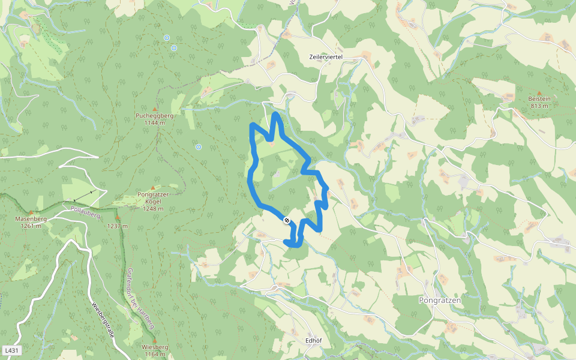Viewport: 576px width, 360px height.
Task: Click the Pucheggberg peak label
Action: click(154, 115)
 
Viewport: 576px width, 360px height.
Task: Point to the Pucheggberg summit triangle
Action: click(155, 107)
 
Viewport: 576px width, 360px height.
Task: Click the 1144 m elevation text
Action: click(154, 123)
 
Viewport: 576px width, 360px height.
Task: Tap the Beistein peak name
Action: click(539, 98)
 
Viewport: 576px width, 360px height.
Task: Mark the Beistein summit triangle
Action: click(539, 92)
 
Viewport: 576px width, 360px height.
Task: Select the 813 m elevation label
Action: click(539, 106)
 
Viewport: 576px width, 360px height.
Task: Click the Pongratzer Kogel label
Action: click(154, 199)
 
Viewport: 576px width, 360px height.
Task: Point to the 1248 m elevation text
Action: click(153, 209)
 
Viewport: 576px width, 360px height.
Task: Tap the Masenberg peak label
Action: click(31, 219)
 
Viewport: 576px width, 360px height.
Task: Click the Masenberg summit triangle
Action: click(31, 212)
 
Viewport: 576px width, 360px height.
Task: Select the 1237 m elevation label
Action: click(118, 226)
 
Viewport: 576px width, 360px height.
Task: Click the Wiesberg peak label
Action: click(154, 347)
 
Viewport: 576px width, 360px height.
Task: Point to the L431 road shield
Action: click(11, 350)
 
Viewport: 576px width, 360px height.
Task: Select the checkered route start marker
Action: click(287, 220)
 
